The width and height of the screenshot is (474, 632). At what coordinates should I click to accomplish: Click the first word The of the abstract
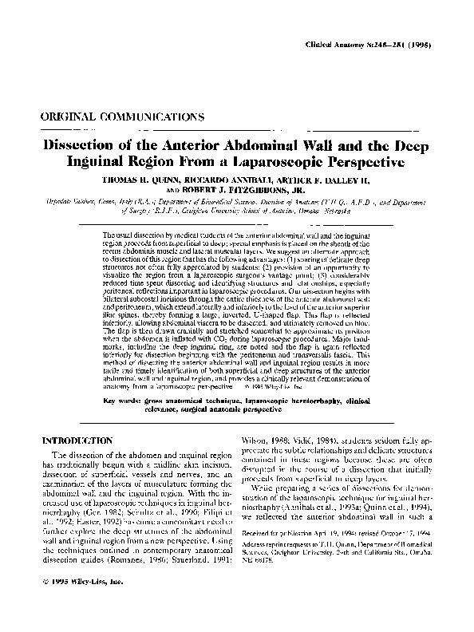110,237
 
